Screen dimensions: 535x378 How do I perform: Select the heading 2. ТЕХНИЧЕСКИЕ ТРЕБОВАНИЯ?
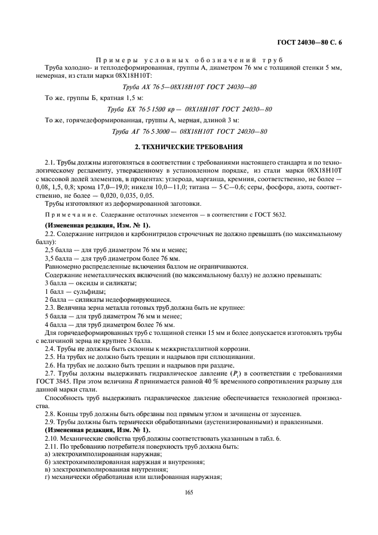pos(189,147)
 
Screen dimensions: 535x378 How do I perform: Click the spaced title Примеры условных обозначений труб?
pos(189,59)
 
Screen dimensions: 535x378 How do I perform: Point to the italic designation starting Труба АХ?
pos(189,87)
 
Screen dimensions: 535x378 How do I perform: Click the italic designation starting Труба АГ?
pos(189,131)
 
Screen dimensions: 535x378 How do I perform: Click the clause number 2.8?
pos(50,413)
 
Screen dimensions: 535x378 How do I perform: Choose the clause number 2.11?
pos(51,445)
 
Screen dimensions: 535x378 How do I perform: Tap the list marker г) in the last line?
pos(47,477)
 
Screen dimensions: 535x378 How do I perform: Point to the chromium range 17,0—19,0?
pos(112,186)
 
